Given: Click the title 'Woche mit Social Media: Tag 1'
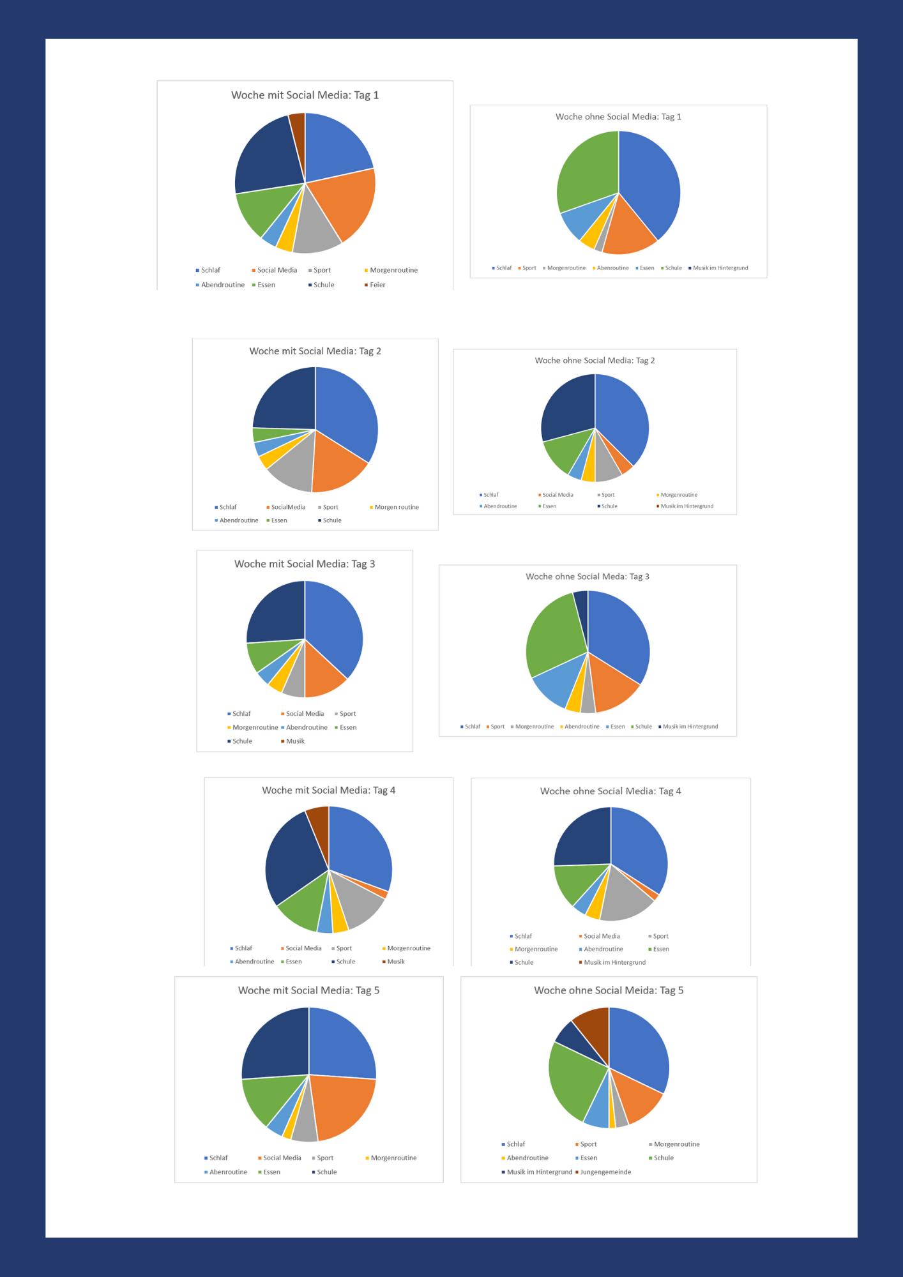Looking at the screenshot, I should click(x=305, y=95).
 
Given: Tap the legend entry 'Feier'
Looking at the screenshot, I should click(x=377, y=285).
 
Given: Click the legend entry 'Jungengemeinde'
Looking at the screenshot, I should click(x=605, y=1172).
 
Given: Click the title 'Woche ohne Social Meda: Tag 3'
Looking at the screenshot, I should click(x=587, y=577).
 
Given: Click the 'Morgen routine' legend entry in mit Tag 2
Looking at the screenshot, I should click(x=396, y=507).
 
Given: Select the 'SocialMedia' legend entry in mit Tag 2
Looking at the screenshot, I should click(x=287, y=507).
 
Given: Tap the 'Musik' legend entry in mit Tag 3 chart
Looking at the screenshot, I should click(x=294, y=741).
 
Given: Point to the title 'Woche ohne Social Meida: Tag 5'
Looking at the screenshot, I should click(x=608, y=990).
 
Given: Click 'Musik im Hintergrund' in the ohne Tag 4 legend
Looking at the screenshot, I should click(x=614, y=962).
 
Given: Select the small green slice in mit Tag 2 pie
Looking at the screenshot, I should click(x=261, y=435).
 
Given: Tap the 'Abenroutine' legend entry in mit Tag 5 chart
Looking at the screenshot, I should click(x=227, y=1172).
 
